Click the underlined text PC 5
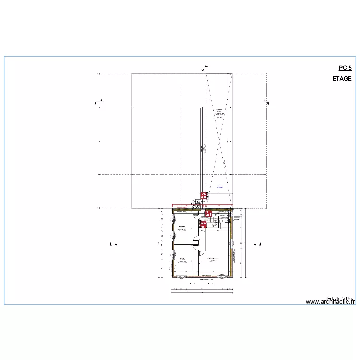click(x=345, y=68)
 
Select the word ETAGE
click(x=341, y=79)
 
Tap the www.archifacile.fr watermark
click(x=330, y=302)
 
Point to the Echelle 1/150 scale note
click(x=340, y=298)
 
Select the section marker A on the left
click(x=113, y=244)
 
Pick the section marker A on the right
click(x=256, y=244)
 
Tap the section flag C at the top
click(x=204, y=69)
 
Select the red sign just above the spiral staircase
click(x=204, y=195)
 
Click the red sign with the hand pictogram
click(x=208, y=214)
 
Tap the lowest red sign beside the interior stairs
click(x=204, y=223)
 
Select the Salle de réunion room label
click(x=213, y=260)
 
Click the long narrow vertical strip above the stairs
click(x=203, y=149)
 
